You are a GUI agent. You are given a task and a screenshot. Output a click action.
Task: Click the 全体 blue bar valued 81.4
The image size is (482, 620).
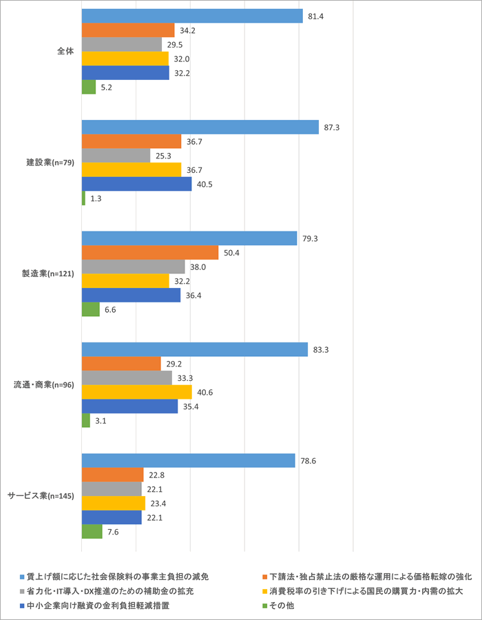191,16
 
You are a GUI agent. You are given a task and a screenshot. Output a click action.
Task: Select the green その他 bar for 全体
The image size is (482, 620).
88,87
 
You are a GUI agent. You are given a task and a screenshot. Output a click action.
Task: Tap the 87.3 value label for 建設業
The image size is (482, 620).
333,127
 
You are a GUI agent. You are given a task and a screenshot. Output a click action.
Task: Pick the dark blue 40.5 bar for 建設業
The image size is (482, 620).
136,185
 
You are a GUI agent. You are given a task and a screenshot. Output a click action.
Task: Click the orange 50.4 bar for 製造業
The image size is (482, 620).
149,253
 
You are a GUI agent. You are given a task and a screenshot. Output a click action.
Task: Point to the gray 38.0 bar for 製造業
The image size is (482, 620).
133,267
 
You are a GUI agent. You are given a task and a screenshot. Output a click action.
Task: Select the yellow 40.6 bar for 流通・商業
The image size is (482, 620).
136,392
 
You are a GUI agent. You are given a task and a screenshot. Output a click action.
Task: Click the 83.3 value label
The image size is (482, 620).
321,350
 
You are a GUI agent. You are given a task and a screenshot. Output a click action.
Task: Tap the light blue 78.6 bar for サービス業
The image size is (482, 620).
188,461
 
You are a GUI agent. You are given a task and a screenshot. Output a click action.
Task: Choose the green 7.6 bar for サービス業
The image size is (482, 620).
92,532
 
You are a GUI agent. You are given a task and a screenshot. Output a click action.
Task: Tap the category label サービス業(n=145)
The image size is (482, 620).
41,496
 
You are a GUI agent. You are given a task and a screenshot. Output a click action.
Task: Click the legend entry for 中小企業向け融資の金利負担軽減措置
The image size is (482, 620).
97,606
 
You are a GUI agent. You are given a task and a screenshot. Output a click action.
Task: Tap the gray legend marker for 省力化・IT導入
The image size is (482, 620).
22,591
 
